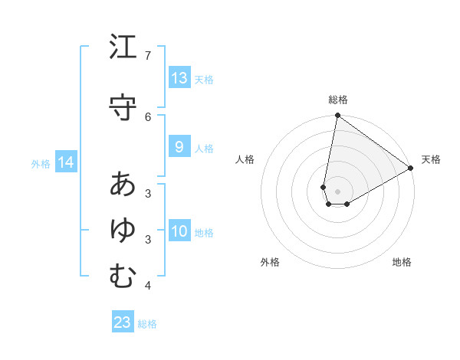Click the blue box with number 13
point(179,78)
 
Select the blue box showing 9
point(179,147)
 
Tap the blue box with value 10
point(179,231)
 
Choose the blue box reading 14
point(66,162)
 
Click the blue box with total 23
point(123,322)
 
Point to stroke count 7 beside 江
point(148,56)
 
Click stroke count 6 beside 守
point(148,116)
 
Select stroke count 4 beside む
point(148,286)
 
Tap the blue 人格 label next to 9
point(204,148)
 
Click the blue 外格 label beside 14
point(41,163)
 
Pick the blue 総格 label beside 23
point(147,323)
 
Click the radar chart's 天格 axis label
point(431,159)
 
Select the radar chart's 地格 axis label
point(402,262)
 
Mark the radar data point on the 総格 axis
point(337,116)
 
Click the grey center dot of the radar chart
point(337,191)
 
